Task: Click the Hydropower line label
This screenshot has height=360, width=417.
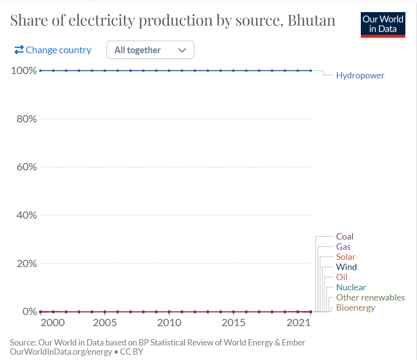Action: (x=360, y=75)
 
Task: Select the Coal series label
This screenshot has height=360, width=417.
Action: (x=345, y=237)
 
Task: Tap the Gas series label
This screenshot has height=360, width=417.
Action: (x=343, y=247)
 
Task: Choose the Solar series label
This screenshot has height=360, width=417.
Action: (x=346, y=257)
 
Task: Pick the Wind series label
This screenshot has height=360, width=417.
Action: (x=346, y=267)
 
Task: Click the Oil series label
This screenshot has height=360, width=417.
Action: (x=342, y=277)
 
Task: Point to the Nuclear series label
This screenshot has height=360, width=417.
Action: (x=351, y=287)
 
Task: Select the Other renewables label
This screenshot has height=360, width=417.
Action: (x=370, y=298)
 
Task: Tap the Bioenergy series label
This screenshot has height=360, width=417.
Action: (x=355, y=308)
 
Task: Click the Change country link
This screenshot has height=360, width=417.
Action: (x=53, y=50)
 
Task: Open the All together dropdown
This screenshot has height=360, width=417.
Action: (x=150, y=50)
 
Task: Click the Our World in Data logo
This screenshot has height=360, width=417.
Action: (x=383, y=24)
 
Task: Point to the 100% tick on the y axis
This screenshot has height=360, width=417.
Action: (x=23, y=71)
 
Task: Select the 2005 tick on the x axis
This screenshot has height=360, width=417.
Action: (x=105, y=323)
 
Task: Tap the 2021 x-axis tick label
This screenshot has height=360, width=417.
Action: (x=298, y=323)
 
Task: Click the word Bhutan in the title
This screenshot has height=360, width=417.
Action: (x=311, y=21)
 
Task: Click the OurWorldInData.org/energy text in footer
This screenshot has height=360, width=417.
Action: (x=61, y=352)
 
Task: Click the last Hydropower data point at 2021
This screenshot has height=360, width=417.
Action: (x=310, y=71)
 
